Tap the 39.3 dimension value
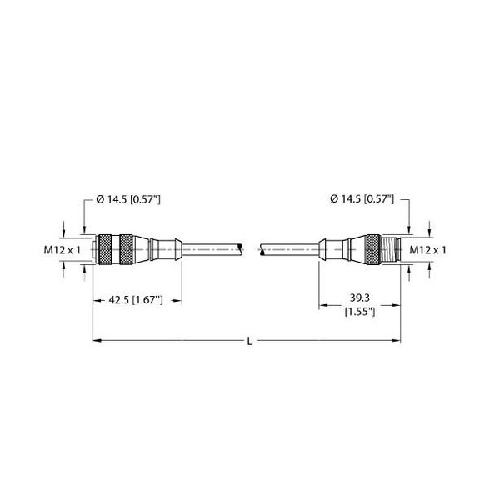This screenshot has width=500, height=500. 360,297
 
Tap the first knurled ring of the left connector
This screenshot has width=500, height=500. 104,247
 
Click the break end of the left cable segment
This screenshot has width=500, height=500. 242,247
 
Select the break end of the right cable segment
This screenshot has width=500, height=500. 262,247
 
